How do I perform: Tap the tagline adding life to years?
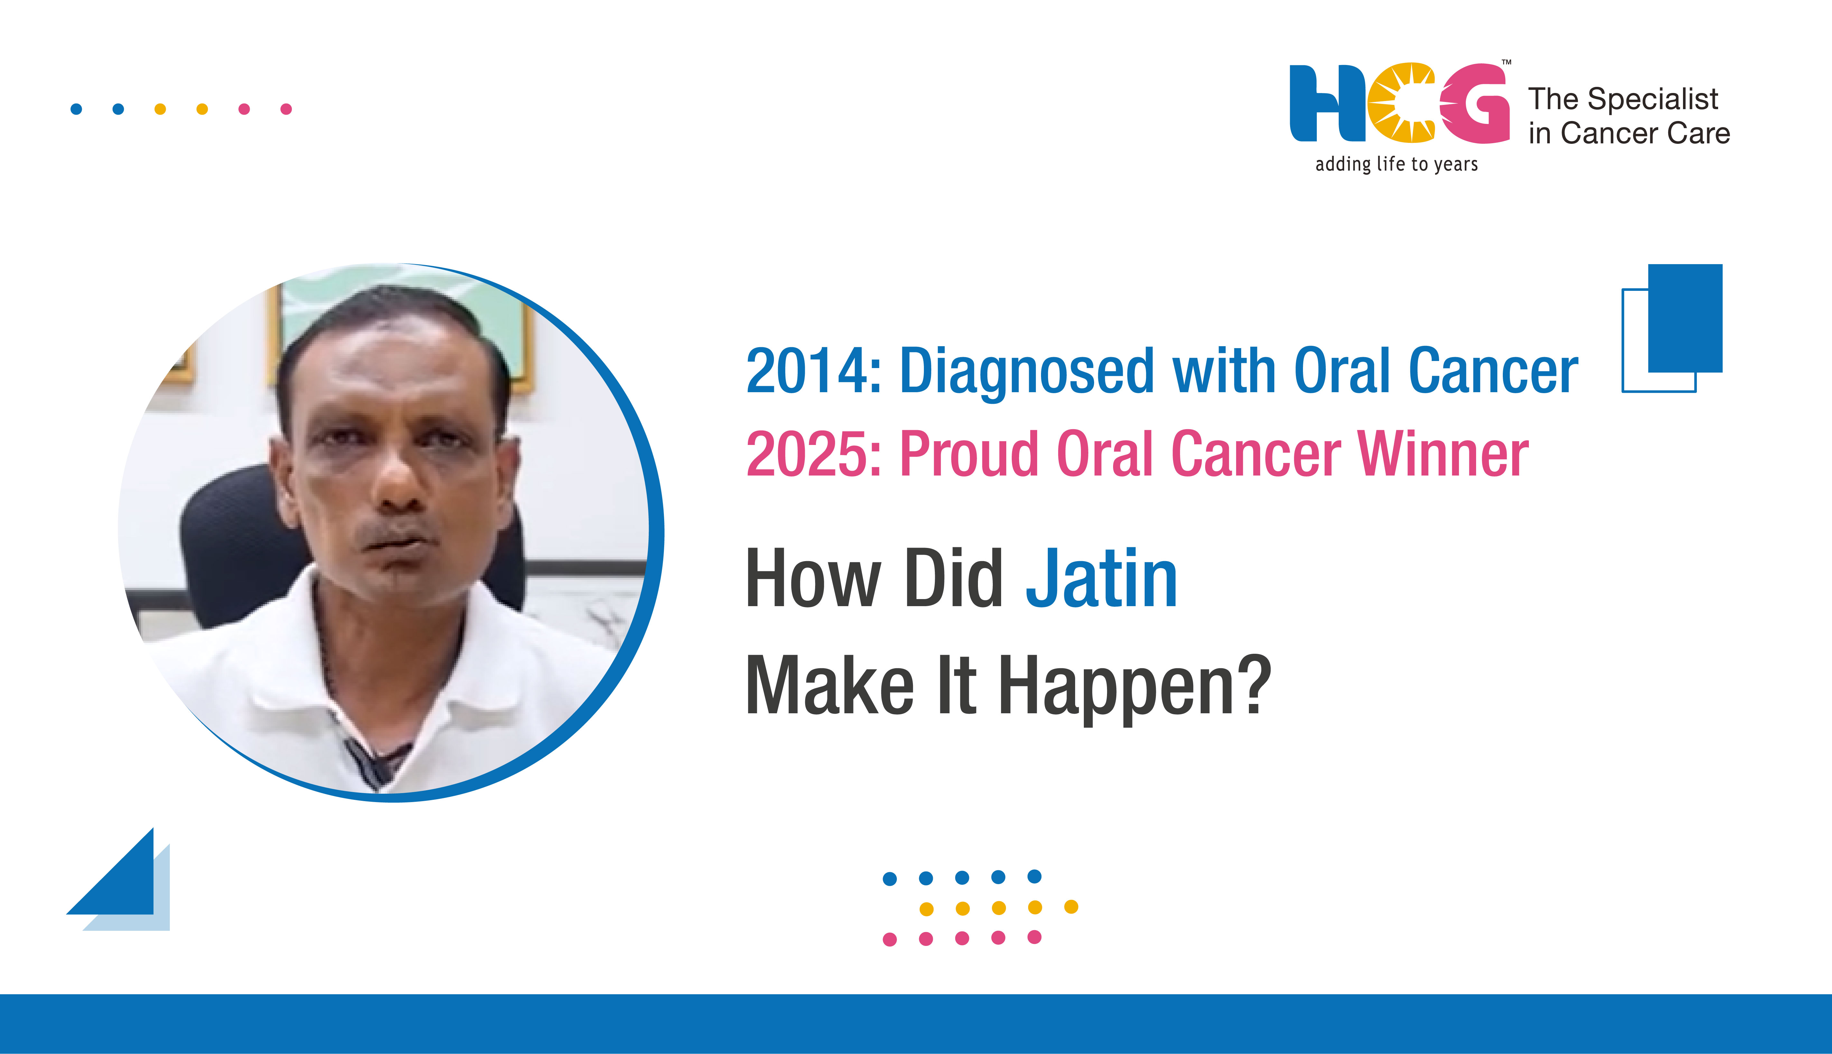(1396, 164)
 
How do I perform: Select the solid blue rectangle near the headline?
(1685, 319)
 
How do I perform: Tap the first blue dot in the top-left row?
(76, 109)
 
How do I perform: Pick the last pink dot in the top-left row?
(286, 109)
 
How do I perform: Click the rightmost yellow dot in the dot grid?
(1071, 907)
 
